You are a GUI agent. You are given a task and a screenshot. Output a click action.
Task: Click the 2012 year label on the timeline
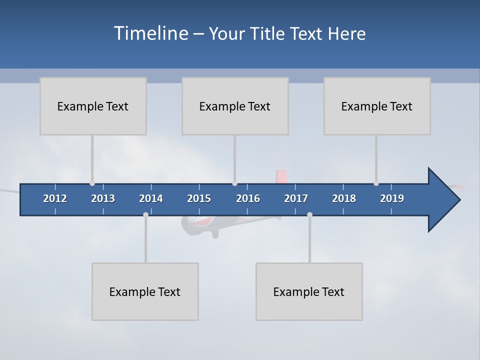(55, 198)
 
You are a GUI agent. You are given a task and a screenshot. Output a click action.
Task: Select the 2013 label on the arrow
(103, 198)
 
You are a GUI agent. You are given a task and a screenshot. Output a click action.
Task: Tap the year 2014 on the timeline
(151, 198)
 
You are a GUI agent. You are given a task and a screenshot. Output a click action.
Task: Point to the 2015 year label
(199, 198)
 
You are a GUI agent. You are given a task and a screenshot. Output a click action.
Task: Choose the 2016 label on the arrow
(248, 198)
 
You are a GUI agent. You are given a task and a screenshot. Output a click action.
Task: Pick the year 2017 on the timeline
(296, 198)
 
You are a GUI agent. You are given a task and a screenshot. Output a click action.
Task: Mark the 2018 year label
(344, 198)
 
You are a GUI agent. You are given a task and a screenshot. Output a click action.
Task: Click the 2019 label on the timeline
(392, 198)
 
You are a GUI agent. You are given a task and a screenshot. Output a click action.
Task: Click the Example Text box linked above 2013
(93, 106)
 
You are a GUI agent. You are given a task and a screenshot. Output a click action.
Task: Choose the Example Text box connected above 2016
(235, 106)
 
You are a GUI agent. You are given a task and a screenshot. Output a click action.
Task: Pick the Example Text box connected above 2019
(377, 106)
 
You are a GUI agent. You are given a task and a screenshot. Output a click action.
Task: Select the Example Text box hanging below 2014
(145, 291)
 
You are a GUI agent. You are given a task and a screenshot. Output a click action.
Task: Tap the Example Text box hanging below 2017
(309, 291)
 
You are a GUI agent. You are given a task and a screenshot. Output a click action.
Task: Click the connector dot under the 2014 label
(145, 214)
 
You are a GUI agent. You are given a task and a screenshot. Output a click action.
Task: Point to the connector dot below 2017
(309, 214)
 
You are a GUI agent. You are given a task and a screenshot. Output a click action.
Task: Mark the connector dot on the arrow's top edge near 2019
(376, 183)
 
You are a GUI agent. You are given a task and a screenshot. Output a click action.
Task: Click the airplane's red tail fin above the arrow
(281, 176)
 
